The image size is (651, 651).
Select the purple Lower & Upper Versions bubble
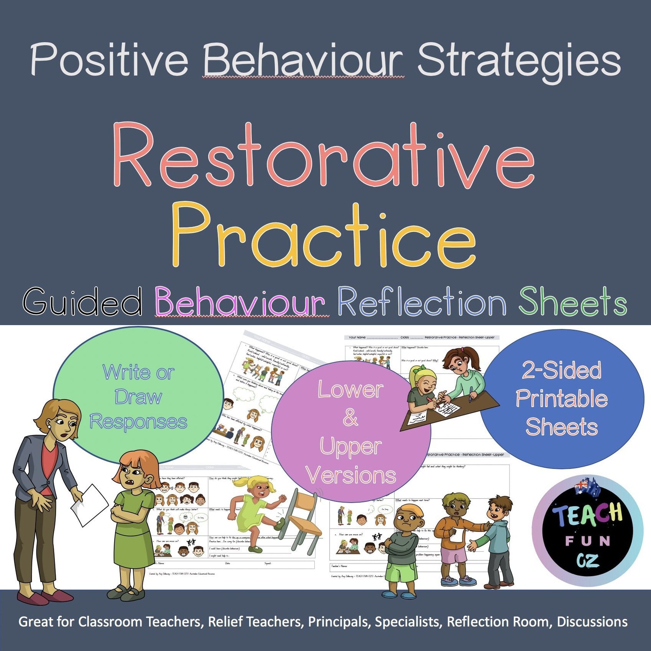coord(350,432)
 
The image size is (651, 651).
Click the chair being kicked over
coord(304,519)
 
